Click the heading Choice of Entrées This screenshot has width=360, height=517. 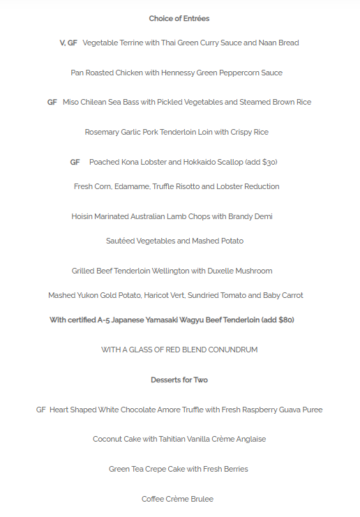[179, 19]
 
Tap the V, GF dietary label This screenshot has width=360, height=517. [68, 43]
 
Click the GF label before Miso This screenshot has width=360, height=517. [52, 103]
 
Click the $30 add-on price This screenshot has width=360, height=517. [269, 163]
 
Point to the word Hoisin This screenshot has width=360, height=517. [84, 217]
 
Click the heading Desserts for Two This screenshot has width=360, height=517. [179, 380]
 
